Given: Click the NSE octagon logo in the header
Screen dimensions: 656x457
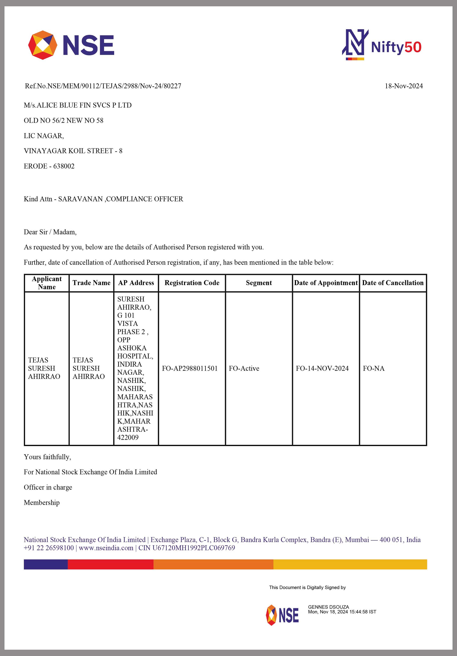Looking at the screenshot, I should coord(43,45).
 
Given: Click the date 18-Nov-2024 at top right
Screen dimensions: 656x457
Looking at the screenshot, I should coord(404,86).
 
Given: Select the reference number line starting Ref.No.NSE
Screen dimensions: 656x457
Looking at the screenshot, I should coord(103,86).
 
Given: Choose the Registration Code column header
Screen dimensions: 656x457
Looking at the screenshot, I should coord(192,283).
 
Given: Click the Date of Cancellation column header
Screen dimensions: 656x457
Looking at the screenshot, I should coord(393,283).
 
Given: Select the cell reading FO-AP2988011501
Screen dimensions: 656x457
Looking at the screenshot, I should coord(190,368).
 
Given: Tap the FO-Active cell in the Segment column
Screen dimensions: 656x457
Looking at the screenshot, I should coord(244,368).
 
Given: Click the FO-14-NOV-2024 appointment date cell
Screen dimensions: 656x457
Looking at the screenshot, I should coord(322,368).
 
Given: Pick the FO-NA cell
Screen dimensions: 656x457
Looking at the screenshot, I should coord(374,368).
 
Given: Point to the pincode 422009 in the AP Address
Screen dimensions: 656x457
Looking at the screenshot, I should coord(128,437).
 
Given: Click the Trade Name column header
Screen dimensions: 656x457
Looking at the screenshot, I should coord(91,283).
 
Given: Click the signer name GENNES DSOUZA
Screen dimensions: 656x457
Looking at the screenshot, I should coord(328,607).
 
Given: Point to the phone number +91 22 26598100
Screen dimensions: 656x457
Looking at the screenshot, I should coord(49,548).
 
